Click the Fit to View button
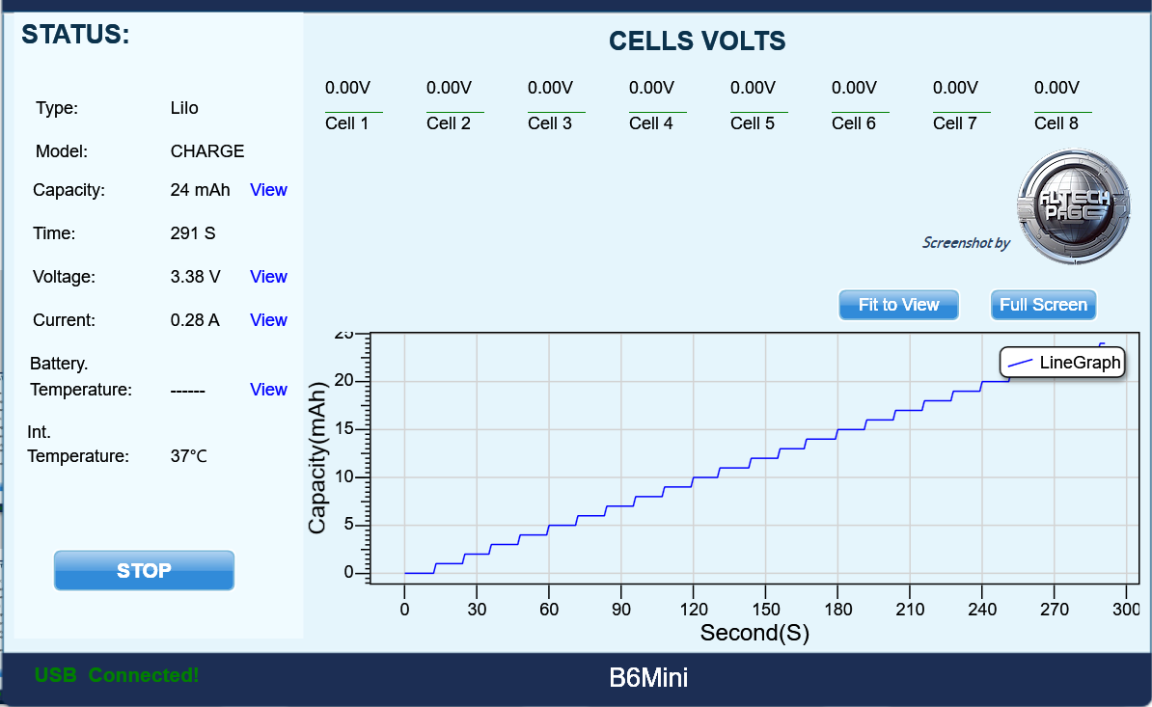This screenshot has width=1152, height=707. (898, 305)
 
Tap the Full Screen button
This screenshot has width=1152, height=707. (1043, 305)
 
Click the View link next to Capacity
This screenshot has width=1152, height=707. (268, 190)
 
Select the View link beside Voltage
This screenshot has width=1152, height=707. (268, 277)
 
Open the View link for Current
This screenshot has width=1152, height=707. (268, 320)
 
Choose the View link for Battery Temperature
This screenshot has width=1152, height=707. (268, 390)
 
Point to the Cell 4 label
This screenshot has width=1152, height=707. (651, 123)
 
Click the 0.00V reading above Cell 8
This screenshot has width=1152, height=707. (1056, 88)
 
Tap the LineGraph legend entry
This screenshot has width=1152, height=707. (1062, 363)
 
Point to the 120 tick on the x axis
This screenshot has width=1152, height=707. (693, 610)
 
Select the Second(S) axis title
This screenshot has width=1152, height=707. (754, 633)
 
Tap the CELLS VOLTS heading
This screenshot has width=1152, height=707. (697, 41)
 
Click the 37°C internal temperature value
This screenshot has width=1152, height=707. (189, 456)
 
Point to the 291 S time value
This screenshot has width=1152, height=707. (193, 233)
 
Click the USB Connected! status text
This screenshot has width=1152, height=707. (117, 675)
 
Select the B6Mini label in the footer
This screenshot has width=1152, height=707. (648, 678)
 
